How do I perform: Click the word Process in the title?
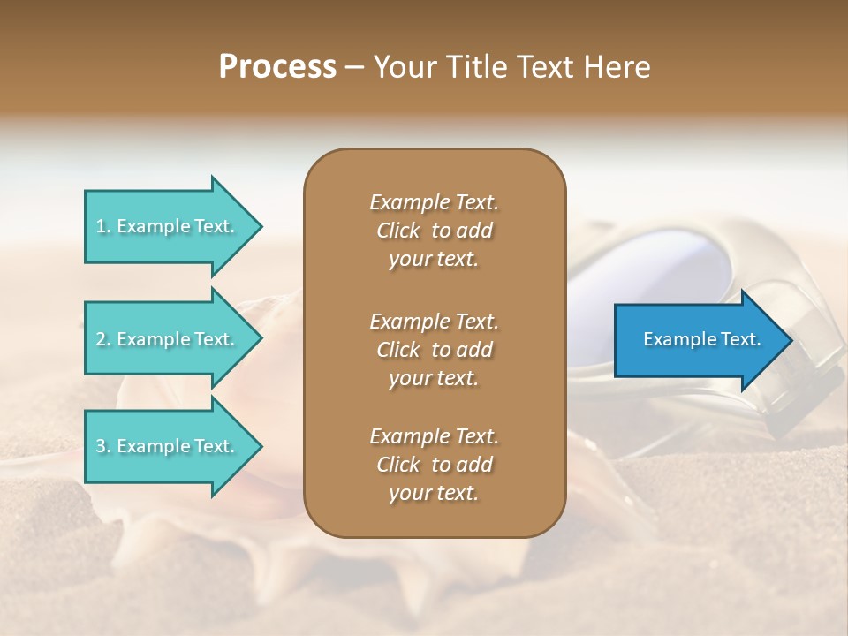click(x=277, y=67)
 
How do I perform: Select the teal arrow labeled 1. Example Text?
click(x=168, y=226)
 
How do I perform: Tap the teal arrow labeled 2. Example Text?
click(x=168, y=339)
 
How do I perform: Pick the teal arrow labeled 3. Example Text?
click(x=168, y=446)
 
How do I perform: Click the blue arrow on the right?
click(x=698, y=340)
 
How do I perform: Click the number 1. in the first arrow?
click(x=103, y=226)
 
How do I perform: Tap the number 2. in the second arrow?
click(x=103, y=339)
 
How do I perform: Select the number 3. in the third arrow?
click(x=103, y=446)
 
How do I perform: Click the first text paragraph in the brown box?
click(x=434, y=231)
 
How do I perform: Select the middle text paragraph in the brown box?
click(x=434, y=350)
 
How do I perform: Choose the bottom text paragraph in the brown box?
click(x=434, y=465)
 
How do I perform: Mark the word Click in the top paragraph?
click(x=397, y=231)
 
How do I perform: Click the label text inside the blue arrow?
click(x=701, y=339)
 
